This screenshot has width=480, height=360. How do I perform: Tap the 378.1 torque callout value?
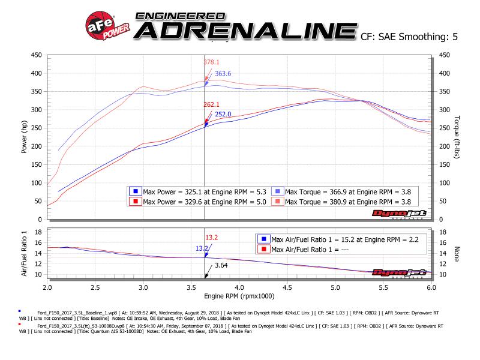coord(211,61)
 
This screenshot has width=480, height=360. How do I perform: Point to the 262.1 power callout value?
coord(211,104)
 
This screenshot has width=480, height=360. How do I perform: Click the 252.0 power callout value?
coord(223,114)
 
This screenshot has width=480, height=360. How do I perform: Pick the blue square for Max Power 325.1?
coord(136,191)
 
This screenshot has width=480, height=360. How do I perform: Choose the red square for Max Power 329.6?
coord(136,201)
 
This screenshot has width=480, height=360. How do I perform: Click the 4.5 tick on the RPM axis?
coord(335,287)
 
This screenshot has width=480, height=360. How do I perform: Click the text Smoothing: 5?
coord(428,37)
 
